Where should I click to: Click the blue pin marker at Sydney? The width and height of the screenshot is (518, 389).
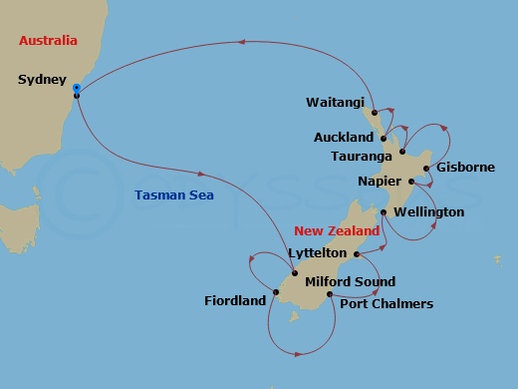77,91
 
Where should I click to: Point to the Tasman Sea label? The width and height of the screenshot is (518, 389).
175,195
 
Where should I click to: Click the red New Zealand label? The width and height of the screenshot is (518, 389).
336,230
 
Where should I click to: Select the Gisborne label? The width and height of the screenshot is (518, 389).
464,168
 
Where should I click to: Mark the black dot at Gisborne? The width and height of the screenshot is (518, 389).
426,168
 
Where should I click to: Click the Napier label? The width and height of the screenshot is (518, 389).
380,182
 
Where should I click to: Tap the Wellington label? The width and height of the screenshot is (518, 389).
428,212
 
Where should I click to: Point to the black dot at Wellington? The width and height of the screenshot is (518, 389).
384,212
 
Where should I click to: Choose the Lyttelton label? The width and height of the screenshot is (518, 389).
317,253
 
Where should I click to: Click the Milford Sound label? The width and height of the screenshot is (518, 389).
350,282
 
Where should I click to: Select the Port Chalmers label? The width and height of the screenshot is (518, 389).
387,303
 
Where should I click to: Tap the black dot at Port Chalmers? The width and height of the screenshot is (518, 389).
330,294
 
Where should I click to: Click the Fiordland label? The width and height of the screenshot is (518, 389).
235,299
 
